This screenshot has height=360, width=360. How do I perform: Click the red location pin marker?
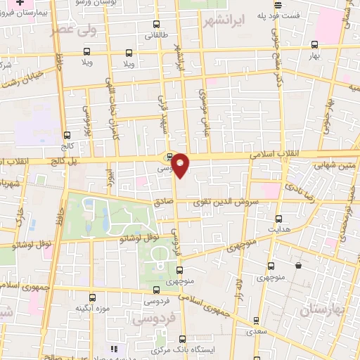181,165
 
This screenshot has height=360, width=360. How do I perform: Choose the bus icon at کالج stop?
67,135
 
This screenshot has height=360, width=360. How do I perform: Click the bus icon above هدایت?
278,219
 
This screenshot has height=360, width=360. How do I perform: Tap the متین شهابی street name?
333,166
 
